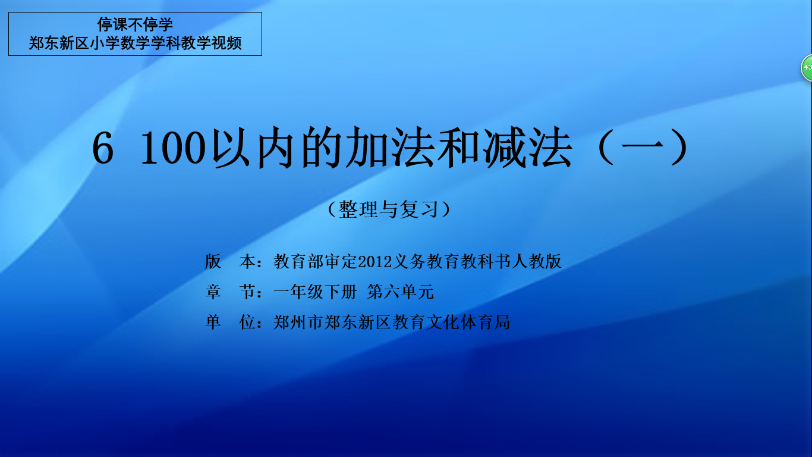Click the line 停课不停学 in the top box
135,24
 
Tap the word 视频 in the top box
226,43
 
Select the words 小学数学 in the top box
120,43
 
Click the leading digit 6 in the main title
103,148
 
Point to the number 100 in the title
173,148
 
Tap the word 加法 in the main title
390,148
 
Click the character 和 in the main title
459,148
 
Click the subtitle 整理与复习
389,209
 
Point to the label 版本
231,261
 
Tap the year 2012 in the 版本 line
375,262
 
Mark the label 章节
231,292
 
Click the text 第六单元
400,292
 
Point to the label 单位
231,322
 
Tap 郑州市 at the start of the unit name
298,322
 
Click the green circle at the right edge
807,67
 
